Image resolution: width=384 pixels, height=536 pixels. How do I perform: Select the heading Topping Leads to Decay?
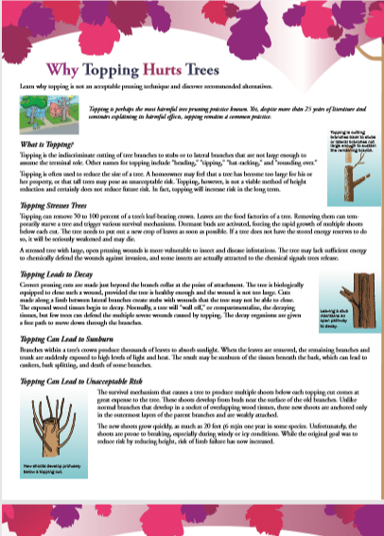coord(57,273)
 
